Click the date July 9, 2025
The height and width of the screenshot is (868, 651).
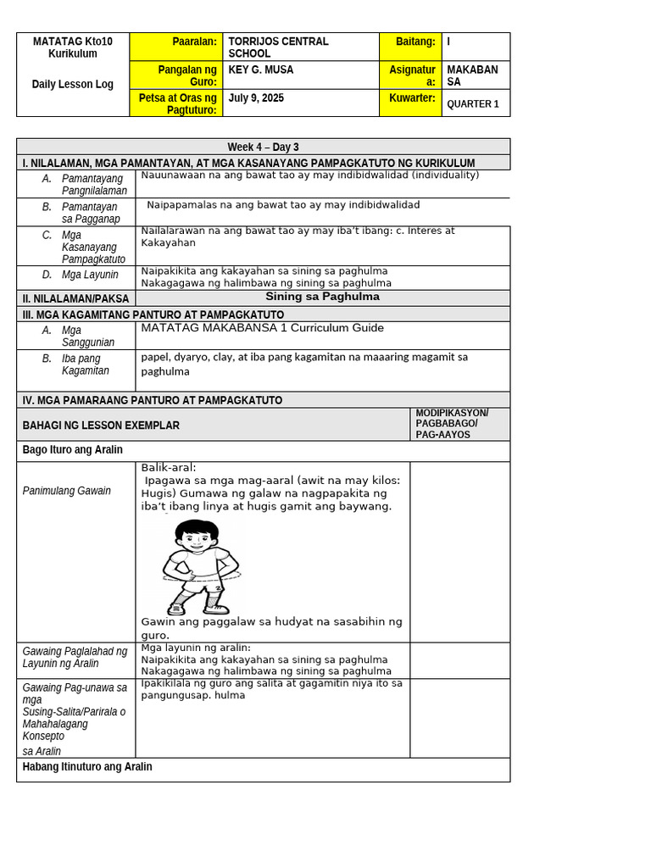pyautogui.click(x=256, y=98)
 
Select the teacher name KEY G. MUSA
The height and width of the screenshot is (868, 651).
pyautogui.click(x=261, y=70)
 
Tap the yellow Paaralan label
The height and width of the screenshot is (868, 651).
pyautogui.click(x=194, y=42)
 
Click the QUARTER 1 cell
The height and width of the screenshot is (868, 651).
pyautogui.click(x=473, y=104)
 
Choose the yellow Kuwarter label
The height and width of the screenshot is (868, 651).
pyautogui.click(x=412, y=98)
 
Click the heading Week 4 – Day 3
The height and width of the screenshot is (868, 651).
pyautogui.click(x=263, y=147)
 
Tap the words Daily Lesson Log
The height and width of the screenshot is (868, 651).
pyautogui.click(x=72, y=84)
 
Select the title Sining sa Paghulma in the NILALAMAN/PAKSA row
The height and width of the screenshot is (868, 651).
pyautogui.click(x=322, y=297)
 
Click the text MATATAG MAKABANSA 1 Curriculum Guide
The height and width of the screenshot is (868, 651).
pyautogui.click(x=262, y=328)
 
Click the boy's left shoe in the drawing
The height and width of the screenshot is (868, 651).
pyautogui.click(x=215, y=607)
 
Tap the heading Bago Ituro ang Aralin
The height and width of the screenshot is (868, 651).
pyautogui.click(x=72, y=450)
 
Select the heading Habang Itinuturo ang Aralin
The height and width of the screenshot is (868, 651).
pyautogui.click(x=87, y=767)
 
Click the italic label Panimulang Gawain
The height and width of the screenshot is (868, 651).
pyautogui.click(x=67, y=491)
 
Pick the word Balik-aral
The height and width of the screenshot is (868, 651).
pyautogui.click(x=168, y=467)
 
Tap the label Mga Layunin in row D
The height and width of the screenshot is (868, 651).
pyautogui.click(x=90, y=275)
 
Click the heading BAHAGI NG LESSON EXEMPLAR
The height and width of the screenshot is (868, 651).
pyautogui.click(x=101, y=426)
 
